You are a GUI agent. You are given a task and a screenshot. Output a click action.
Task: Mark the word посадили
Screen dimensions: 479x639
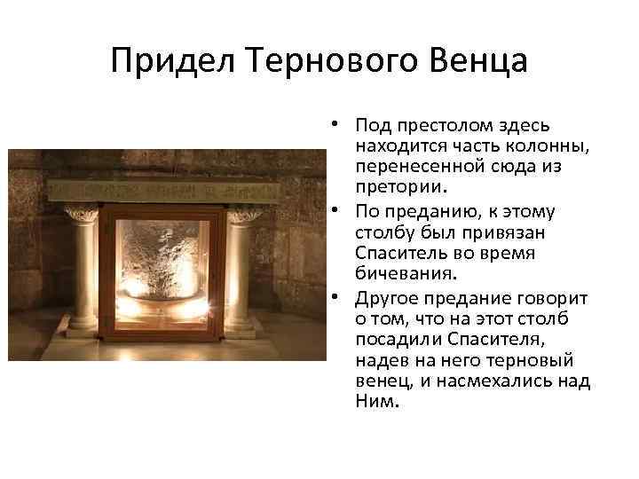(x=394, y=338)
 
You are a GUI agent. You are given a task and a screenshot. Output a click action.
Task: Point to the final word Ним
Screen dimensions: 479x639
(x=371, y=402)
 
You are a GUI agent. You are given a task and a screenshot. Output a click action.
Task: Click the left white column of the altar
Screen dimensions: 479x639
(x=85, y=270)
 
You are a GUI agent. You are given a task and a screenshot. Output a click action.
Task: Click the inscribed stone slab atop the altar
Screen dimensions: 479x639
(x=160, y=190)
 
